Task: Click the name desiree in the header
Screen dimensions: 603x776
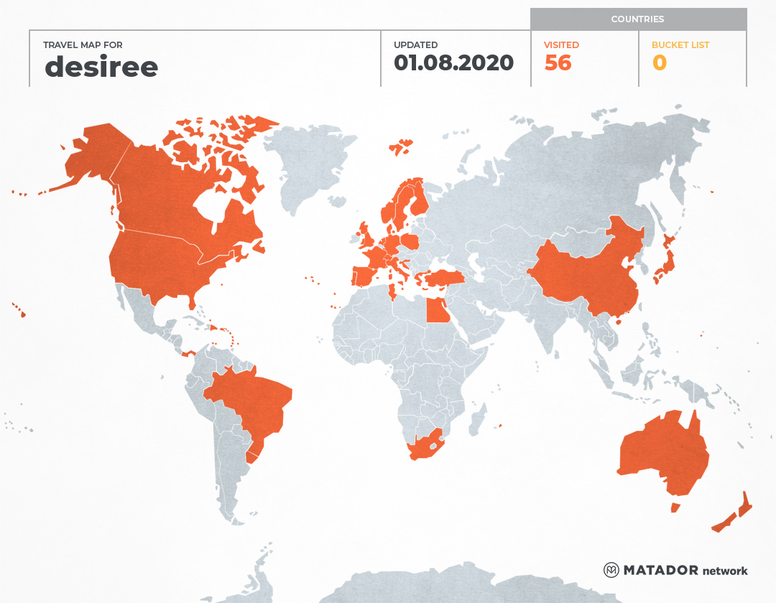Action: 101,67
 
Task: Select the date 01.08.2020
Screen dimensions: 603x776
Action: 453,63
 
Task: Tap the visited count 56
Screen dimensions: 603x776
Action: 558,63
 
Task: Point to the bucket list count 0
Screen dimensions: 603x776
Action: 659,63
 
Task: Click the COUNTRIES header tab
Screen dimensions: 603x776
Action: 637,19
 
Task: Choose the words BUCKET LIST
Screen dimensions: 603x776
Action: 680,45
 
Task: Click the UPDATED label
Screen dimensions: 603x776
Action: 415,45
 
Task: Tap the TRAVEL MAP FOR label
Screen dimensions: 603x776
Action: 78,45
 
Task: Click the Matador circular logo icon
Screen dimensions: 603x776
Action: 611,570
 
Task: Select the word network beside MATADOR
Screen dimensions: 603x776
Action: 724,571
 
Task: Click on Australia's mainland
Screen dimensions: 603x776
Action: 661,452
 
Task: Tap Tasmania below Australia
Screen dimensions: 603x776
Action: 675,508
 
